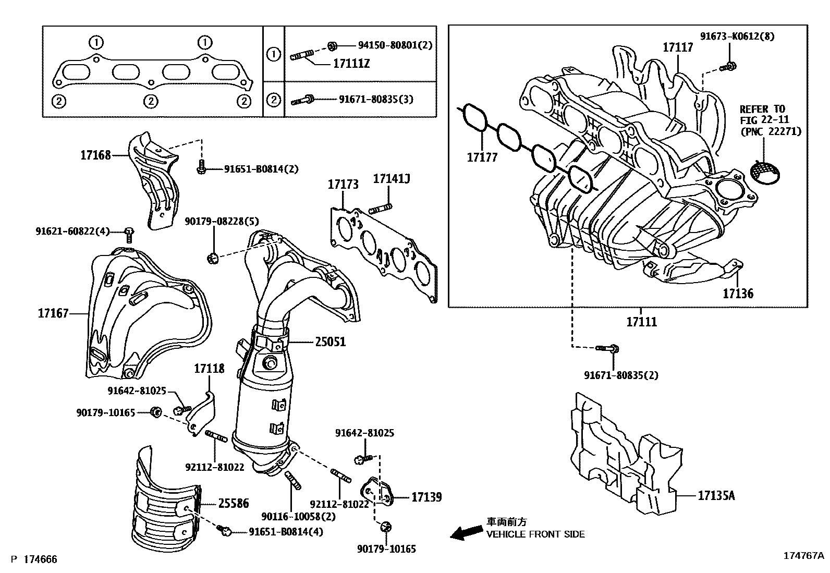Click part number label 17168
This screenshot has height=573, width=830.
point(95,154)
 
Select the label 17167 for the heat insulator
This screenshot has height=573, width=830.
point(53,313)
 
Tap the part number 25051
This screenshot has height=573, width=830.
point(330,342)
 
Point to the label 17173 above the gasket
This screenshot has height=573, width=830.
point(343,184)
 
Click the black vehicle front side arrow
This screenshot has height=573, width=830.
point(466,531)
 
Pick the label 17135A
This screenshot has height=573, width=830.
point(716,495)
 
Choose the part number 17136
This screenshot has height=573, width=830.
point(738,294)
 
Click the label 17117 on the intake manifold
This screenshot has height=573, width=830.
point(678,47)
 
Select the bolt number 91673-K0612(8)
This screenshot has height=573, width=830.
point(737,36)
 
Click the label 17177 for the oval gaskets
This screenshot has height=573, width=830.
point(482,157)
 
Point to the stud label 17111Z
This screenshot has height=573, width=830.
point(351,64)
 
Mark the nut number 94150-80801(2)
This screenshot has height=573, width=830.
point(395,45)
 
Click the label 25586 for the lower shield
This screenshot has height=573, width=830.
point(233,504)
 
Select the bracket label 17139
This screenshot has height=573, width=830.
point(426,497)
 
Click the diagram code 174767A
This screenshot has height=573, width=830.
point(802,556)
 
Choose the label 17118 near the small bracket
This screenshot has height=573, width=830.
point(209,369)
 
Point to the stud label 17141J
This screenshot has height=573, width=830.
point(392,179)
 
